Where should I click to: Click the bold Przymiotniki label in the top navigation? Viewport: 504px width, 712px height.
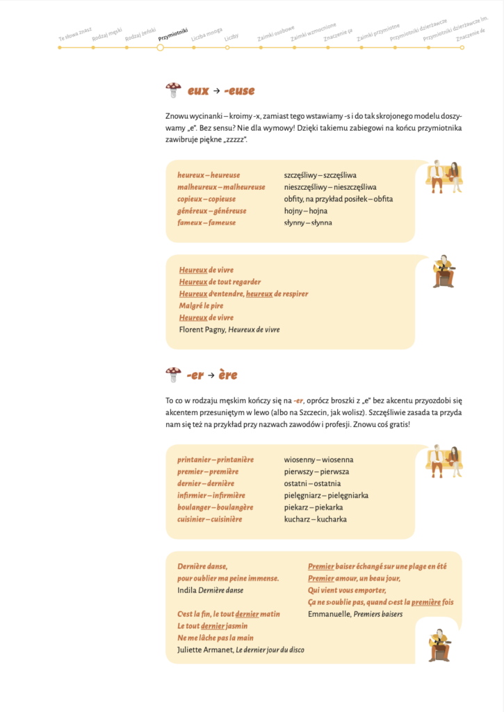coord(172,32)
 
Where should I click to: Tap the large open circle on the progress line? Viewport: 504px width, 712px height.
coord(160,47)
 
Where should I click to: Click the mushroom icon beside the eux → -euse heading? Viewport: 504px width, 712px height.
coord(173,90)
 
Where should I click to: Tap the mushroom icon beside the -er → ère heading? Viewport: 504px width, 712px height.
coord(173,375)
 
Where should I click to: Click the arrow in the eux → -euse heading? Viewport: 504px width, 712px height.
coord(216,91)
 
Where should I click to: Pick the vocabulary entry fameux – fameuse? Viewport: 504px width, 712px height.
coord(206,222)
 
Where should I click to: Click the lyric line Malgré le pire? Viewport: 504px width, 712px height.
coord(202,305)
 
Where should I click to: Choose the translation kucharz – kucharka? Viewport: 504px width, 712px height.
coord(315,519)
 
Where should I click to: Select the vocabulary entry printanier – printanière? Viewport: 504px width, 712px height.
coord(216,460)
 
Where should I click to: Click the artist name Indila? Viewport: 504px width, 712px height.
coord(186,590)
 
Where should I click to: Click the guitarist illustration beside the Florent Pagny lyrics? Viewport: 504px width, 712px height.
coord(443,271)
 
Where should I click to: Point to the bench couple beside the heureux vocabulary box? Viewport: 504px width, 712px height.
coord(444,177)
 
